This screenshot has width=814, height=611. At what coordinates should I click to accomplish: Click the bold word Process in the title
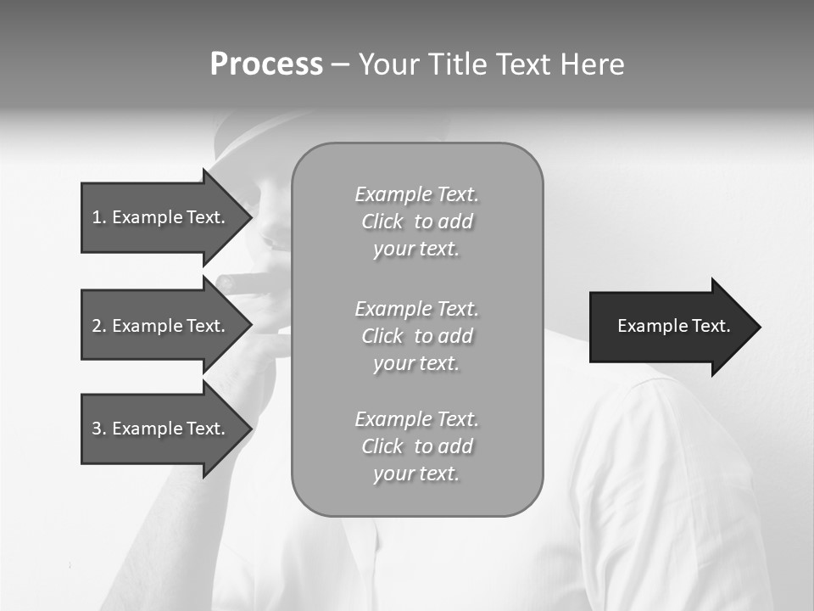coord(266,64)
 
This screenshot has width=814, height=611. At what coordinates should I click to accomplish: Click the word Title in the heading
coord(459,64)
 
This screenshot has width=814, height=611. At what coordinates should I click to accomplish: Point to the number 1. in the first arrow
coord(98,217)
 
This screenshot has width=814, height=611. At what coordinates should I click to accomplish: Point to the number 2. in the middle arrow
coord(98,326)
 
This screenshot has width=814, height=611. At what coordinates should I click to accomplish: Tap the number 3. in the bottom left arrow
coord(98,429)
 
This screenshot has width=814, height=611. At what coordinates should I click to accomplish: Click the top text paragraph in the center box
coord(417,221)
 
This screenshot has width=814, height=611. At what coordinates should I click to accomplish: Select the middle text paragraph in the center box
coord(417,336)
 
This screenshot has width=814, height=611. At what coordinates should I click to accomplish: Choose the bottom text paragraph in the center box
coord(417,446)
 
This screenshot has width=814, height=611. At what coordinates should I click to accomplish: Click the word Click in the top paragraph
coord(382,221)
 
